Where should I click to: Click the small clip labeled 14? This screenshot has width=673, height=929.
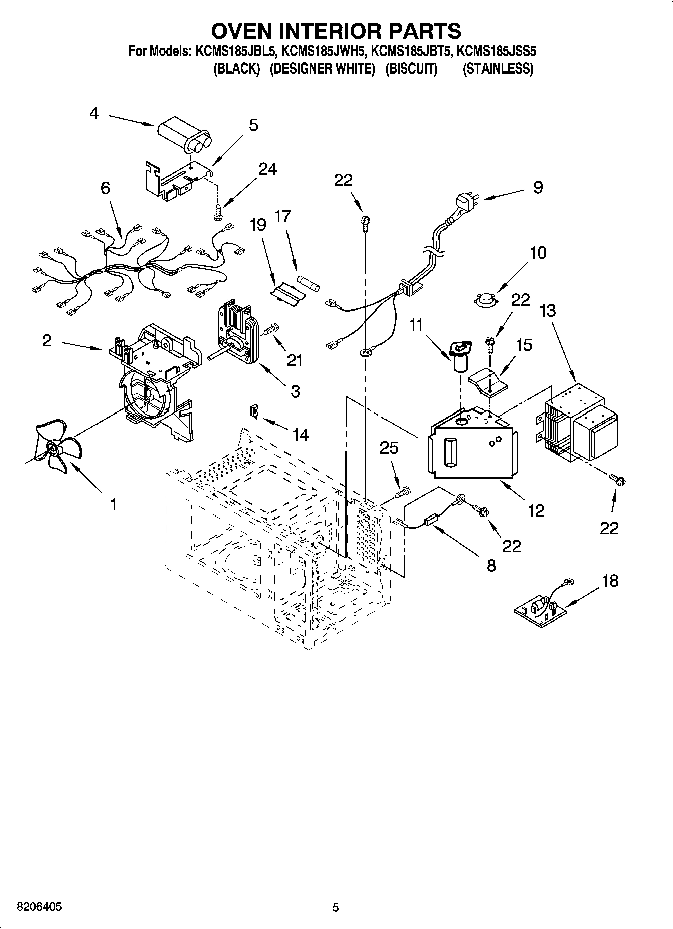(x=255, y=410)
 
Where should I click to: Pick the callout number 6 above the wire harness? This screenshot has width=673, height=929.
(x=105, y=188)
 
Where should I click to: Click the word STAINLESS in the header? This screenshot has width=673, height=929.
(x=498, y=68)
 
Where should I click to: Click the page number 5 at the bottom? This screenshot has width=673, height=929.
(x=336, y=907)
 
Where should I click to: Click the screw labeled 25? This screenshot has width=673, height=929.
(x=403, y=492)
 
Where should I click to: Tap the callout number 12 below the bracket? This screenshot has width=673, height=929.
(x=536, y=510)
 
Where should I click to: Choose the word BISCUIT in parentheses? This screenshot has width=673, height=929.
(x=411, y=68)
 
